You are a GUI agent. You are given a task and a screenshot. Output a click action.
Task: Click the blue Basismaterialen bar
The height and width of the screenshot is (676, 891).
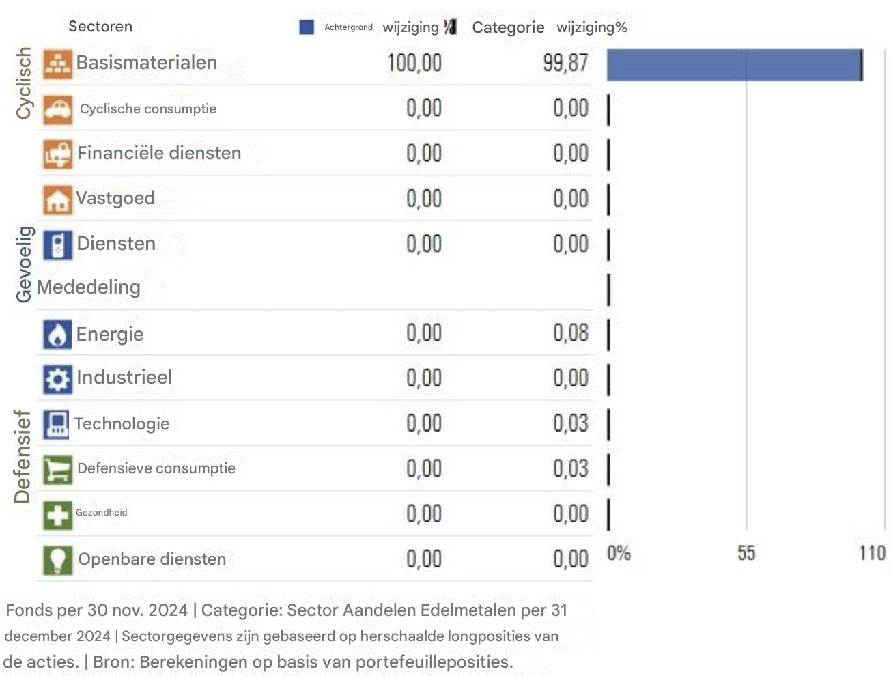click(734, 65)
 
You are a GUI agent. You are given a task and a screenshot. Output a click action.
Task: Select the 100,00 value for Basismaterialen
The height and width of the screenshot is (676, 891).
click(414, 63)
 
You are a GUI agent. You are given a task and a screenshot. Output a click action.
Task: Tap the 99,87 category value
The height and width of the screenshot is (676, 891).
click(565, 63)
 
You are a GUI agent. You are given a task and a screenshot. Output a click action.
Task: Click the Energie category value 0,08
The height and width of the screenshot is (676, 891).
click(570, 333)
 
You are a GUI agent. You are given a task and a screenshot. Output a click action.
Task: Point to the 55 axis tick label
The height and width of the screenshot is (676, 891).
click(746, 553)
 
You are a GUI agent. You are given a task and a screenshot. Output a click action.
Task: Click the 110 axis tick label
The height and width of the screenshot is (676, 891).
click(872, 553)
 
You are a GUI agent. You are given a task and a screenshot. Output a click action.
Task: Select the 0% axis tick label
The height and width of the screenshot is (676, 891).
click(619, 553)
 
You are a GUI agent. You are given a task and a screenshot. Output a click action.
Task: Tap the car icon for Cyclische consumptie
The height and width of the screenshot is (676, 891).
click(57, 109)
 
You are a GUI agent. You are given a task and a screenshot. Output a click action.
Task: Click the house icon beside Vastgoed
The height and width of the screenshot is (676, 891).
click(57, 199)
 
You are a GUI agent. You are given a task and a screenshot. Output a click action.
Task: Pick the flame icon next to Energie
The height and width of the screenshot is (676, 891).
click(57, 335)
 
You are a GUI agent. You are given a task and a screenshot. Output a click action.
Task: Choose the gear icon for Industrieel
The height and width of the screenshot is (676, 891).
click(57, 379)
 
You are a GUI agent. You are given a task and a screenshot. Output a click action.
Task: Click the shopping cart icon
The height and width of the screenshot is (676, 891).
click(57, 470)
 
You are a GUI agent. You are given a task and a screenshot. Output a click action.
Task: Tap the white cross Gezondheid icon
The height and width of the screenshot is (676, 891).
click(57, 515)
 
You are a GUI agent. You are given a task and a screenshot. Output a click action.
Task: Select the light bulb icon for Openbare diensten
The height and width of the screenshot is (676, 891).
click(57, 560)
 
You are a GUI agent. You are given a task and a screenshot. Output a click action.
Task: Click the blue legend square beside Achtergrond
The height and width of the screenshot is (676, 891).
click(307, 27)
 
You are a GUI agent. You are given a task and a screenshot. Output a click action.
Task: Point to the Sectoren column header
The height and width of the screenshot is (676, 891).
click(100, 27)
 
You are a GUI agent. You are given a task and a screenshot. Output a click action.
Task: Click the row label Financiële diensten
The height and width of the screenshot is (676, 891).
click(159, 153)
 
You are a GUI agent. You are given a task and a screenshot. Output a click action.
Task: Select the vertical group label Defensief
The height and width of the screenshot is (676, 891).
click(23, 456)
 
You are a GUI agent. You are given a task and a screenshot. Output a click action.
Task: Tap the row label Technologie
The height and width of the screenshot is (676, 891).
click(122, 424)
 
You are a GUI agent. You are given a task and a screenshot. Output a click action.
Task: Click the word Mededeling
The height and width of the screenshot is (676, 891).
click(89, 287)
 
